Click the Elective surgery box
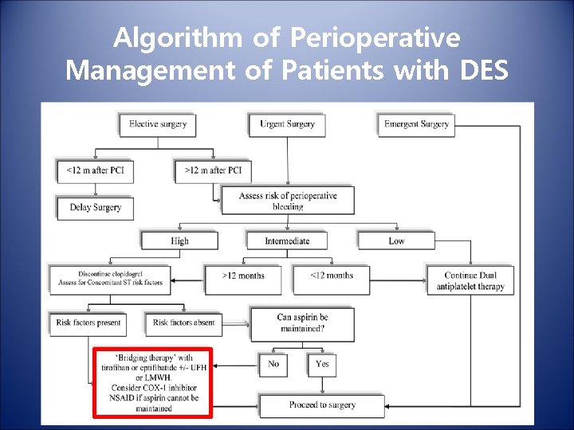click(158, 124)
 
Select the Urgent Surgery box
click(287, 124)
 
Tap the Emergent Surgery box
click(415, 124)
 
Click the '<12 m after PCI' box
click(95, 170)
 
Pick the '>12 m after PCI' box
click(212, 170)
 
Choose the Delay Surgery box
click(95, 208)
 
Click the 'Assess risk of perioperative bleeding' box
click(287, 201)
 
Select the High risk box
click(180, 240)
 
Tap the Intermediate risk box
click(287, 240)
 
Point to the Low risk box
click(396, 240)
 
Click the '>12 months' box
click(243, 276)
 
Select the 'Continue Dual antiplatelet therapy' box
click(470, 280)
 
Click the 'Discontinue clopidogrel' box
click(110, 277)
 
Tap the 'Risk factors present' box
click(88, 322)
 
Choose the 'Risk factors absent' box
click(183, 322)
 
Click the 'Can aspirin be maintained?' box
click(302, 322)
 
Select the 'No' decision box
click(273, 364)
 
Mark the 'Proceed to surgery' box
click(321, 405)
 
